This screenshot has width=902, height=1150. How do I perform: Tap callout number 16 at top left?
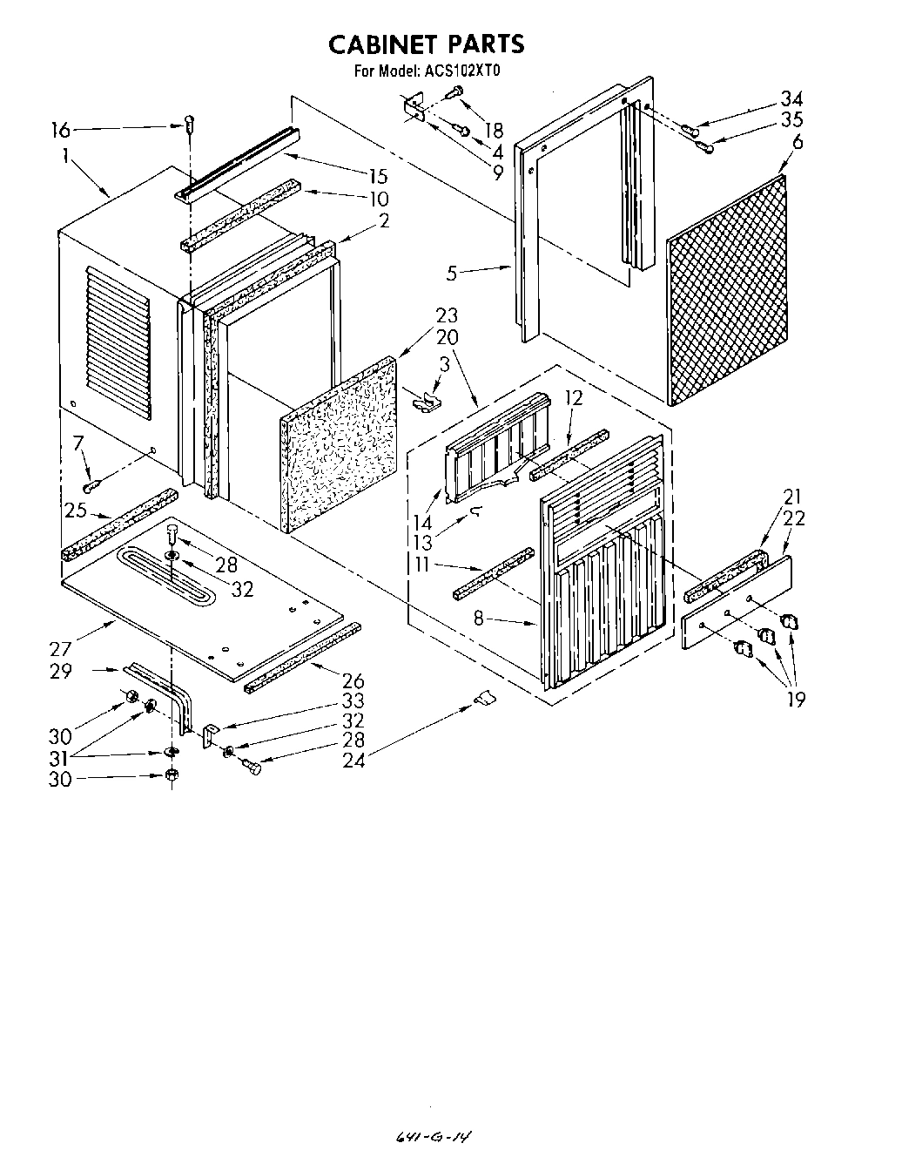(59, 131)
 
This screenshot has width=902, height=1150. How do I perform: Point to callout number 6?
(798, 142)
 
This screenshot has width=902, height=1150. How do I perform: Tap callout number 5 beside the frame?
(452, 274)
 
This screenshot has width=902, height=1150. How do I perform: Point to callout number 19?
(795, 699)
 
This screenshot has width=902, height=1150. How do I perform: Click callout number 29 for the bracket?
(60, 672)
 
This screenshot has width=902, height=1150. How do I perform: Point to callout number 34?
(791, 98)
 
